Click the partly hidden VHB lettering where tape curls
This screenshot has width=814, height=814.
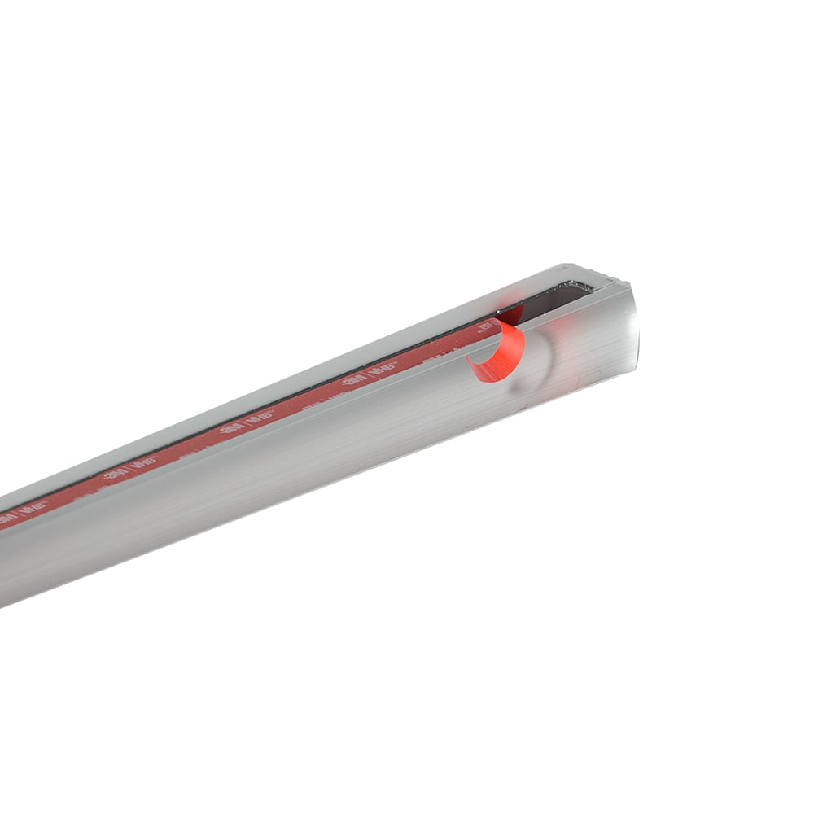point(486,327)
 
